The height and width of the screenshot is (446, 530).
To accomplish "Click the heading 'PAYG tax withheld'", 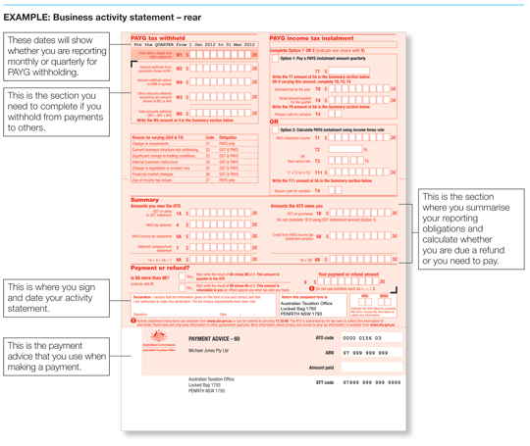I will tap(160, 37).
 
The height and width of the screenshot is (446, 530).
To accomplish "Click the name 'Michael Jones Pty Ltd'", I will tap(215, 350).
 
